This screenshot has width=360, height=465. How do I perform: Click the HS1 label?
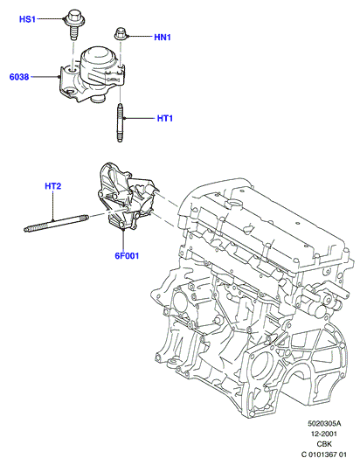coord(27,19)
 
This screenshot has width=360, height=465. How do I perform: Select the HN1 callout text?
coord(163,38)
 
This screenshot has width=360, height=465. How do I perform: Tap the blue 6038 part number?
coord(19,77)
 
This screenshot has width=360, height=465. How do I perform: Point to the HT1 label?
coord(165,119)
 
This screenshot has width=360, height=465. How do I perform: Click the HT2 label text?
coord(53,186)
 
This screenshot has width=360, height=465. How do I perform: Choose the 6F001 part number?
coord(127,255)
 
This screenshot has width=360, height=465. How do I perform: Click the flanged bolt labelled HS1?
coord(74,24)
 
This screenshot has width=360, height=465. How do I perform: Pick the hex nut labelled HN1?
coord(121,33)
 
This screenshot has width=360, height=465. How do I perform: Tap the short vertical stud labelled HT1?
coord(120,122)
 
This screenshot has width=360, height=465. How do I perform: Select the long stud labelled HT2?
coord(56,223)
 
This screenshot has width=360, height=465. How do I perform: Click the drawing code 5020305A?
coord(324,423)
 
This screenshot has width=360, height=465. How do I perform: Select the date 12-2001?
coord(324,434)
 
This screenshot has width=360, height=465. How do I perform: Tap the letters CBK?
coord(324,444)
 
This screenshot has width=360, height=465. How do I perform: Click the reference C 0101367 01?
coord(324,455)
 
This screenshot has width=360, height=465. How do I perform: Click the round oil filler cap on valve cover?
coord(235,205)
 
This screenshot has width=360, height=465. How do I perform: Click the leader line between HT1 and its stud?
coord(141,119)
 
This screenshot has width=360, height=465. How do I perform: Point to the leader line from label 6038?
coord(45,77)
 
